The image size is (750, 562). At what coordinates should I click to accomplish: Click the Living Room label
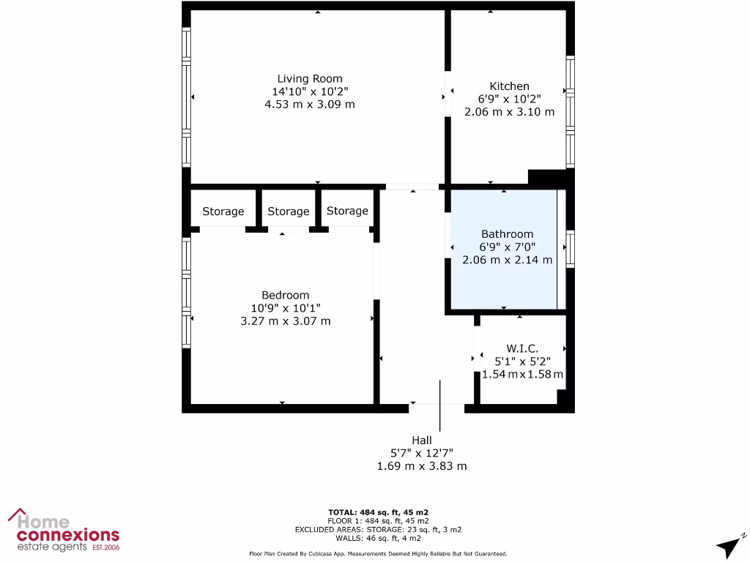[309, 79]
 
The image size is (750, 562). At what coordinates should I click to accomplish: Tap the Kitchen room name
[509, 86]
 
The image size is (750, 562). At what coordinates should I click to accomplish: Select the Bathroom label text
[507, 234]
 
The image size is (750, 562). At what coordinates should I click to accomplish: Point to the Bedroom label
[285, 295]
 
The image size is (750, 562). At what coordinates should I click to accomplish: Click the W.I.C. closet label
[522, 348]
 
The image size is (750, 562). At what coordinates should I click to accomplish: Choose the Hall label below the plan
[421, 441]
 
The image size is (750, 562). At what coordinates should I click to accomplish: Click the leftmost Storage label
[223, 211]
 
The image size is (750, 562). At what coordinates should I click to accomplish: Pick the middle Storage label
[288, 211]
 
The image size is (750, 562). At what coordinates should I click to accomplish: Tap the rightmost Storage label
[347, 211]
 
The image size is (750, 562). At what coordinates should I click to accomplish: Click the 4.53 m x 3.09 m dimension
[309, 105]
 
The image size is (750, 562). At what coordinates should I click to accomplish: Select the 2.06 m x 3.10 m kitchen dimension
[509, 112]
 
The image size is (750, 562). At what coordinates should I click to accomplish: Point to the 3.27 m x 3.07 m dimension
[285, 321]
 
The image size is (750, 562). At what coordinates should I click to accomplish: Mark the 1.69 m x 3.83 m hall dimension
[421, 466]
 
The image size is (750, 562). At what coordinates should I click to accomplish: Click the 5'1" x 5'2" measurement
[522, 361]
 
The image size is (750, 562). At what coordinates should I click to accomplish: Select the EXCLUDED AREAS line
[378, 529]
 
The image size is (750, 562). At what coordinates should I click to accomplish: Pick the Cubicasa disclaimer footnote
[378, 554]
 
